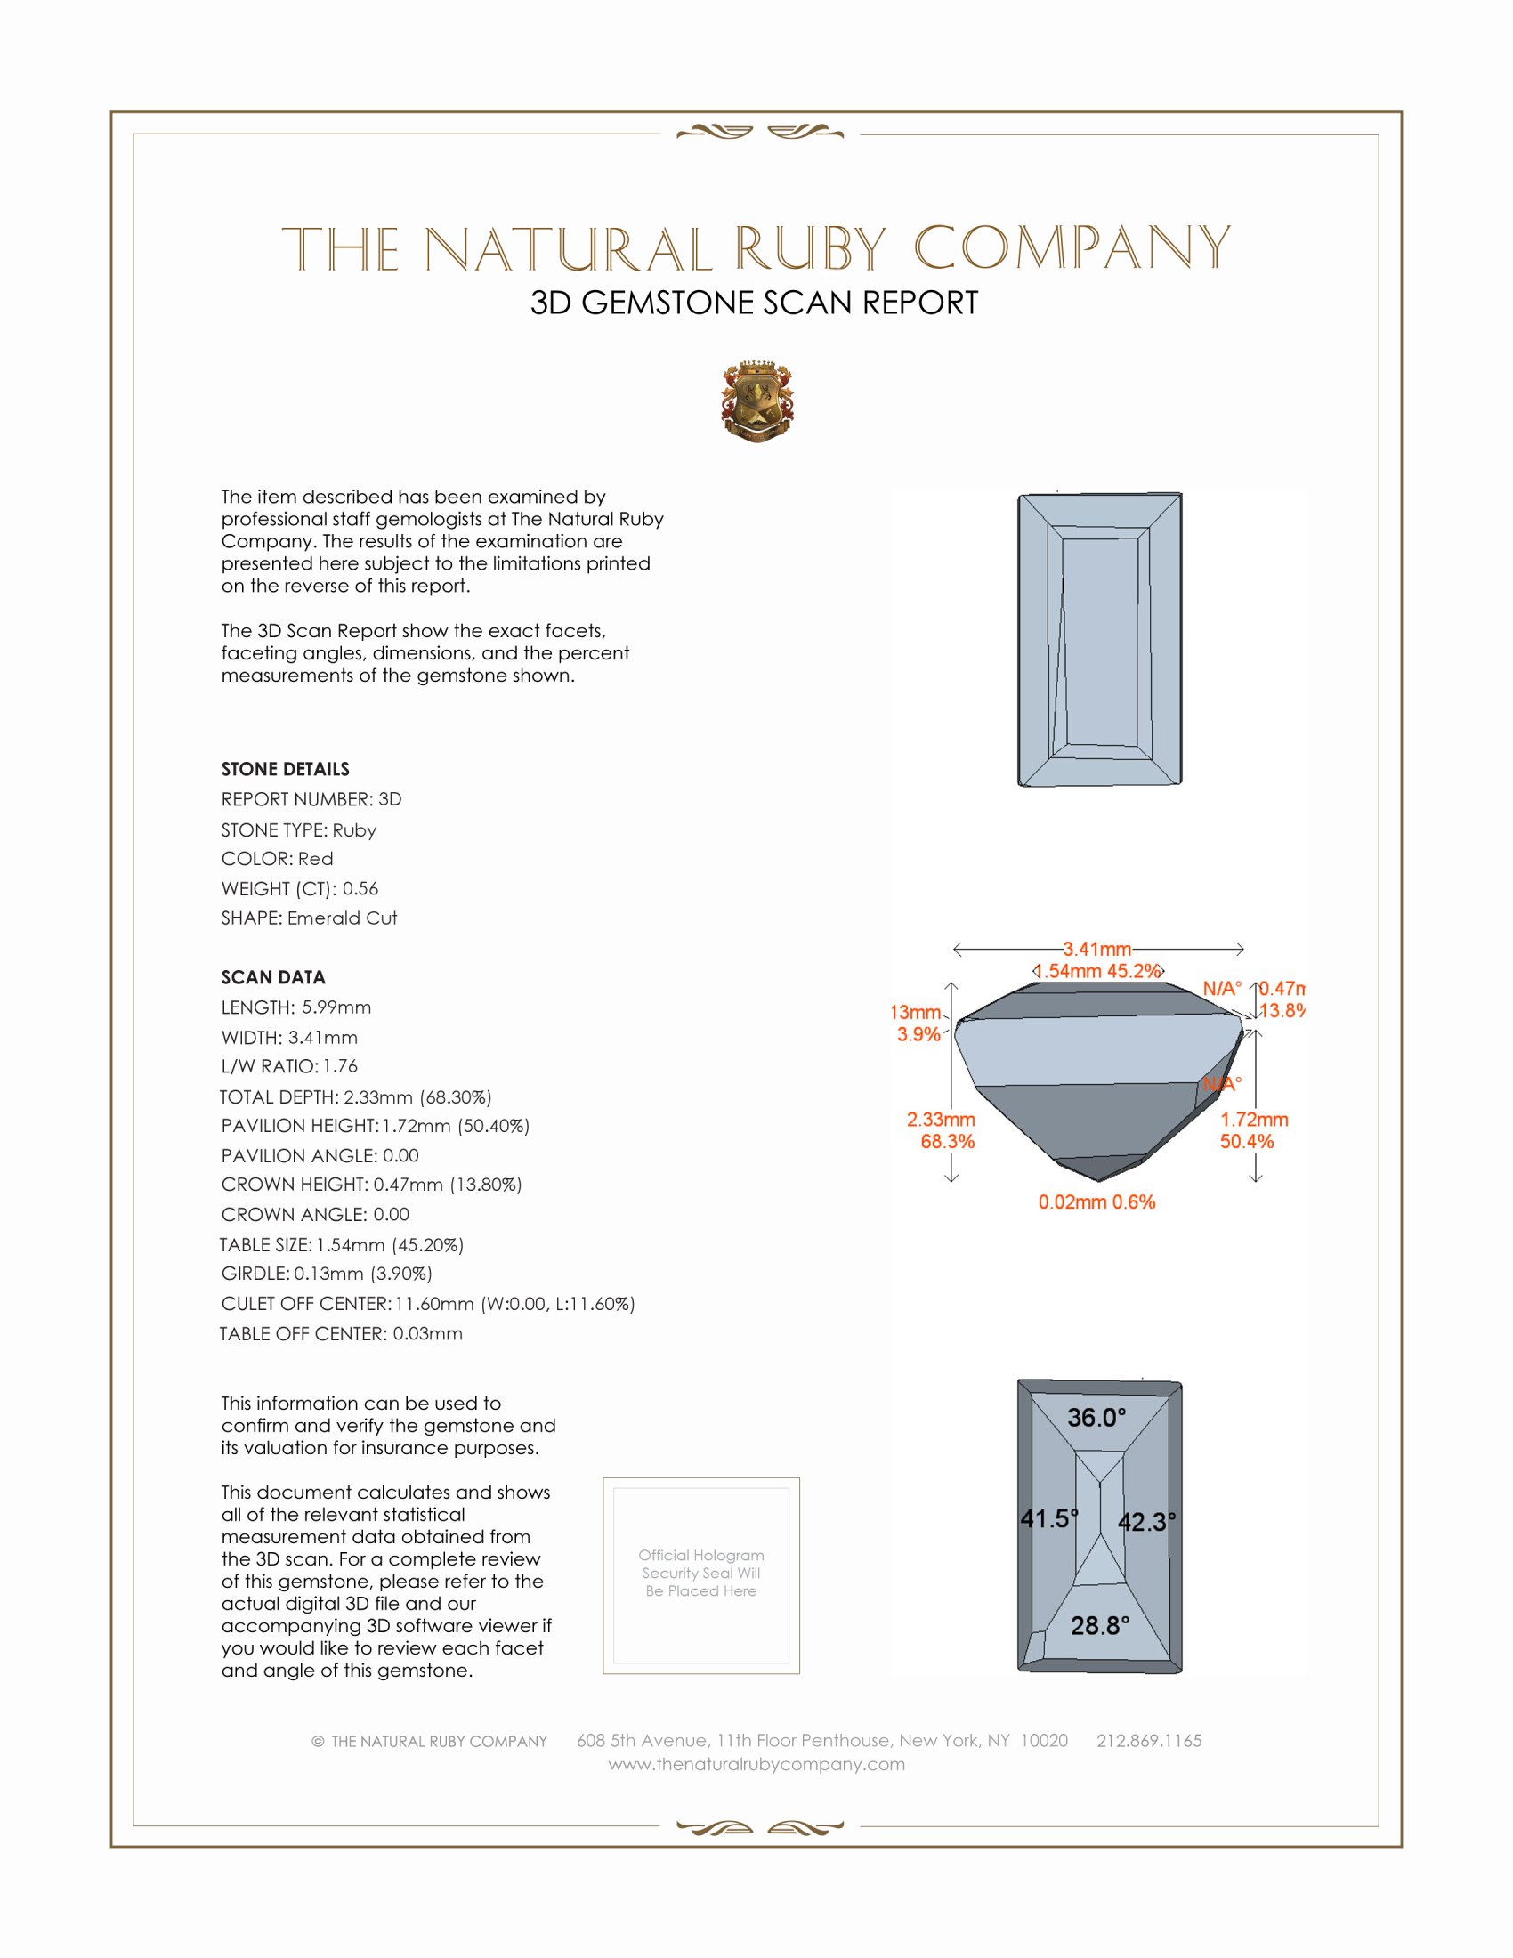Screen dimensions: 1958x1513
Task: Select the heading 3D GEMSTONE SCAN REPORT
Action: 754,303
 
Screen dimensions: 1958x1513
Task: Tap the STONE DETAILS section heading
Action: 285,769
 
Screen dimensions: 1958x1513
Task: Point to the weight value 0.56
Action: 360,888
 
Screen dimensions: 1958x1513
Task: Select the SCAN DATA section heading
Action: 273,977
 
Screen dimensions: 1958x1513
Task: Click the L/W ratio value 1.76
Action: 341,1067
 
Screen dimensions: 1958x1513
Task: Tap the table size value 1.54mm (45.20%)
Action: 390,1245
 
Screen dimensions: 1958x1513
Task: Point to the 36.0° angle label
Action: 1096,1418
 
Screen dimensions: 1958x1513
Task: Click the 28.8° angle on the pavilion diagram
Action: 1100,1625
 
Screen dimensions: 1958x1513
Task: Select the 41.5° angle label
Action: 1048,1518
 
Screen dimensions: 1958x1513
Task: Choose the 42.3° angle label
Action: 1146,1522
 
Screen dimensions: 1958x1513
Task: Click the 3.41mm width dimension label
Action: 1097,949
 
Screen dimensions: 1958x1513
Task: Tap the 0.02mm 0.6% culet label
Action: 1097,1202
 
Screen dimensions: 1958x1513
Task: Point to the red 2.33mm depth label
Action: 941,1120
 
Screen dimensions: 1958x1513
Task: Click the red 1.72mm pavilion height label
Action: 1254,1120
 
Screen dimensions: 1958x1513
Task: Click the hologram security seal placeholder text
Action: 701,1574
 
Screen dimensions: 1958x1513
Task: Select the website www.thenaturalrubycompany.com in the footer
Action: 756,1764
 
